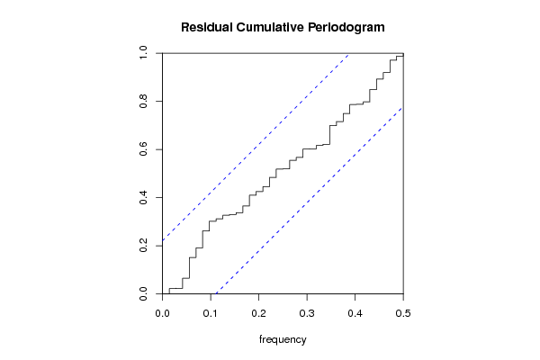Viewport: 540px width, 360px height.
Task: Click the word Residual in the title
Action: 206,27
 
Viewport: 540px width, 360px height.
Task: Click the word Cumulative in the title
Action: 271,27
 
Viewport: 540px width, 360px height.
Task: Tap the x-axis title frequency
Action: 283,339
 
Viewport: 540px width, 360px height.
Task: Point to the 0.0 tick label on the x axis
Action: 162,312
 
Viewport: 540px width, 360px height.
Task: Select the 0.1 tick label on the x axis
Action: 211,312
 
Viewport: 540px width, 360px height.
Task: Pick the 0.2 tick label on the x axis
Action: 258,312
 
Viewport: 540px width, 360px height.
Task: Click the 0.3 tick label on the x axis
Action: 307,312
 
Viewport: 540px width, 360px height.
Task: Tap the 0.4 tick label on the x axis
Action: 355,312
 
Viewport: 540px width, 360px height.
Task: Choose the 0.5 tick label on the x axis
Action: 403,312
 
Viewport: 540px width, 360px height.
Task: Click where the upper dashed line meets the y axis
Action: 163,240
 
